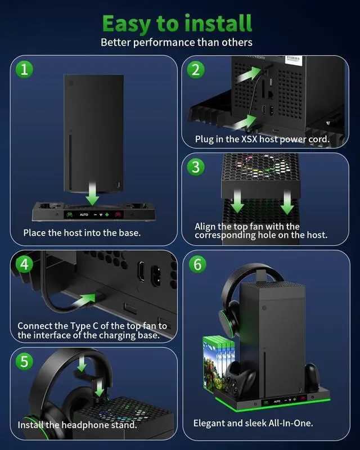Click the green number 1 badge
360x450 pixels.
(24, 70)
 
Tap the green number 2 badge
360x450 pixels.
(195, 70)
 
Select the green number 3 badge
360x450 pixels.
(195, 167)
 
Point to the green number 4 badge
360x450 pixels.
(24, 264)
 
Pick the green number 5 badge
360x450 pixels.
(24, 361)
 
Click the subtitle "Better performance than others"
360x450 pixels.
(177, 42)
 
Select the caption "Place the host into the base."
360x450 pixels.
(82, 232)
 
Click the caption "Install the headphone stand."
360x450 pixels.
(77, 425)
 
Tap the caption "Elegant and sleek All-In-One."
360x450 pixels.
(253, 422)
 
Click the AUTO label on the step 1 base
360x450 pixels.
(84, 214)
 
